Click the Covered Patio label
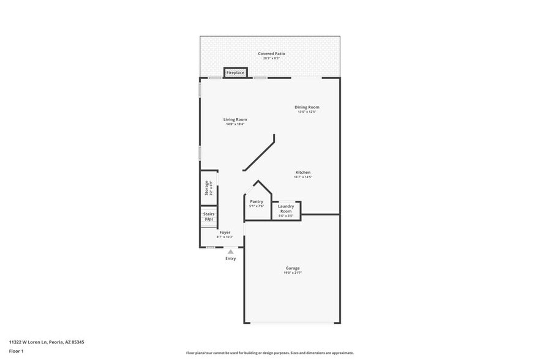(271, 54)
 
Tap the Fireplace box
(235, 73)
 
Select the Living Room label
(235, 119)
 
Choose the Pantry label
(257, 201)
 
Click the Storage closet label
(206, 188)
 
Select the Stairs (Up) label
(209, 216)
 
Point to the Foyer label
(225, 233)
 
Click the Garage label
(293, 268)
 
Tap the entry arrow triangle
(230, 251)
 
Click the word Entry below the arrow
(230, 258)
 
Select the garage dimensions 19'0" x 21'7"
(293, 273)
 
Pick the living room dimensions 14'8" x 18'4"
(235, 124)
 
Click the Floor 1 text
(16, 351)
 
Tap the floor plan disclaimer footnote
(270, 353)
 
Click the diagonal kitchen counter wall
(259, 154)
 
